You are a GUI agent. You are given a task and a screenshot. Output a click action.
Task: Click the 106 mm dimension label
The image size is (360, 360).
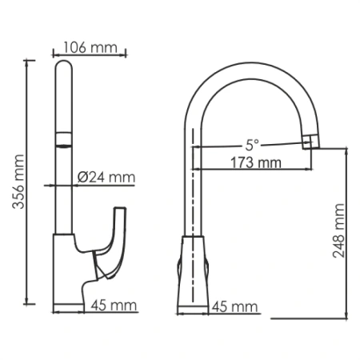pyautogui.click(x=90, y=47)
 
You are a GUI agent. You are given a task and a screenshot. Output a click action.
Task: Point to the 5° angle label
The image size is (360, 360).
pyautogui.click(x=252, y=145)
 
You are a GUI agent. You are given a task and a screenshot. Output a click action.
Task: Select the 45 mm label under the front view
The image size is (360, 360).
pyautogui.click(x=112, y=305)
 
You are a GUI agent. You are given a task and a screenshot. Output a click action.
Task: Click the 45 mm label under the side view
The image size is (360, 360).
pyautogui.click(x=234, y=306)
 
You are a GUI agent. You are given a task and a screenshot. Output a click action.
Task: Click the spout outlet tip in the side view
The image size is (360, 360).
pyautogui.click(x=310, y=142)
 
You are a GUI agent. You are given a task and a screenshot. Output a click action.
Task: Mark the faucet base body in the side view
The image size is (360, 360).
pyautogui.click(x=194, y=272)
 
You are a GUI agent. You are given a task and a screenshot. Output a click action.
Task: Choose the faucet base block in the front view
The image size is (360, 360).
pyautogui.click(x=68, y=272)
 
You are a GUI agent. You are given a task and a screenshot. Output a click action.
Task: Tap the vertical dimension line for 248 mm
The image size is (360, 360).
pyautogui.click(x=348, y=232)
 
